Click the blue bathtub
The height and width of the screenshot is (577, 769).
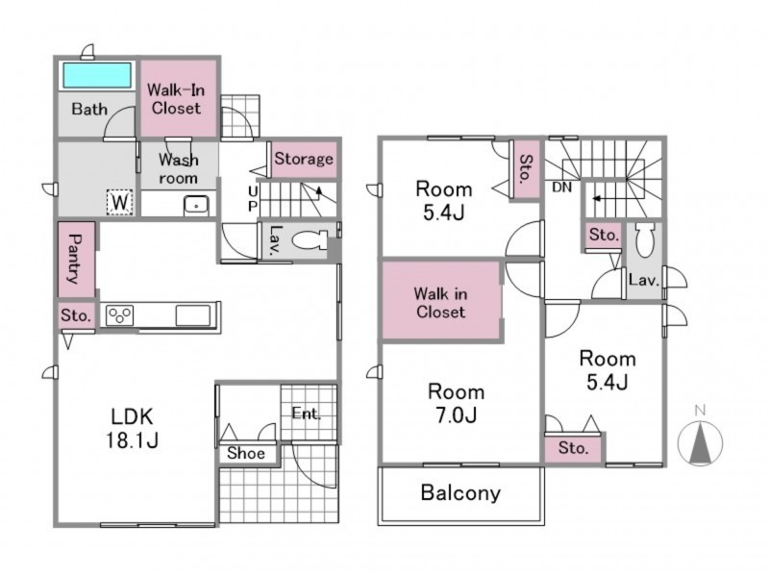pyautogui.click(x=97, y=75)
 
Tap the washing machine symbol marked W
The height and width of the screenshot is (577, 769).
pyautogui.click(x=120, y=202)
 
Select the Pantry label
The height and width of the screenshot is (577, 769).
pyautogui.click(x=75, y=259)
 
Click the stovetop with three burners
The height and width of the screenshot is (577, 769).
pyautogui.click(x=119, y=315)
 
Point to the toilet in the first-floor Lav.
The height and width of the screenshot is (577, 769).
pyautogui.click(x=310, y=240)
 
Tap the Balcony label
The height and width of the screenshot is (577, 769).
pyautogui.click(x=460, y=492)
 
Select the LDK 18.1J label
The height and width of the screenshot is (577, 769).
pyautogui.click(x=133, y=428)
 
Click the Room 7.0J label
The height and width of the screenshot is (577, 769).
pyautogui.click(x=456, y=403)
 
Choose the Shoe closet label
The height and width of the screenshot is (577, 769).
pyautogui.click(x=246, y=453)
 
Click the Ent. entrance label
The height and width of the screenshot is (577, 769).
pyautogui.click(x=307, y=414)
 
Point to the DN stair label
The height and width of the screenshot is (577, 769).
pyautogui.click(x=562, y=187)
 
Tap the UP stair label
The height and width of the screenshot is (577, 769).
pyautogui.click(x=253, y=198)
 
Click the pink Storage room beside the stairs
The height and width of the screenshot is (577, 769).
pyautogui.click(x=304, y=159)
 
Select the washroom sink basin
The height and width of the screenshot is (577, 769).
pyautogui.click(x=196, y=206)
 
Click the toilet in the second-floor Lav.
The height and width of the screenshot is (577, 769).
pyautogui.click(x=644, y=239)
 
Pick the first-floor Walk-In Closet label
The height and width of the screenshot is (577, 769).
pyautogui.click(x=176, y=99)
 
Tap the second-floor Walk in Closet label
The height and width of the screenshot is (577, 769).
pyautogui.click(x=440, y=303)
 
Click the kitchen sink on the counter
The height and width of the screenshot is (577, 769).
pyautogui.click(x=193, y=315)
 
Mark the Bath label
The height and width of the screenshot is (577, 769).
pyautogui.click(x=89, y=109)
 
